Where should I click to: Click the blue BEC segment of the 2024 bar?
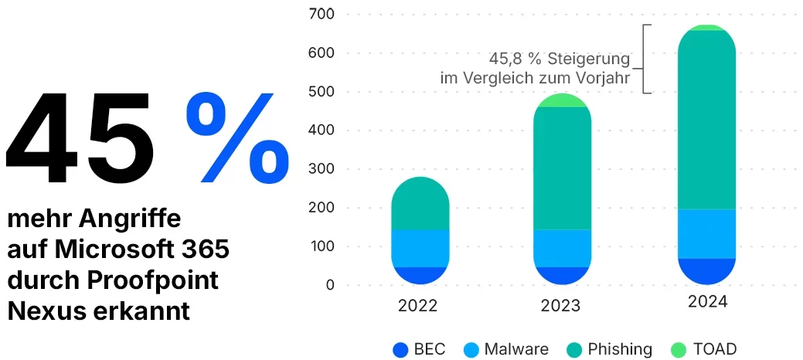706,270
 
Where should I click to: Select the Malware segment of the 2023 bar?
562,248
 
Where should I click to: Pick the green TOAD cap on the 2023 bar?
562,100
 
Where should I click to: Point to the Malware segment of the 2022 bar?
420,248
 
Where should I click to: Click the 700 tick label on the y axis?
320,14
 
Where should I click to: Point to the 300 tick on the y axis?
320,169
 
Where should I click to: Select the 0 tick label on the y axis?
330,286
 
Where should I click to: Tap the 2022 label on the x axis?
417,305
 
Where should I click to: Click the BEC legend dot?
400,349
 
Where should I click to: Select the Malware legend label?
516,349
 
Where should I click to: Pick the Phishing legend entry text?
620,349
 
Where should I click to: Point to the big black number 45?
81,141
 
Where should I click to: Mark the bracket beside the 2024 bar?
648,59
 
